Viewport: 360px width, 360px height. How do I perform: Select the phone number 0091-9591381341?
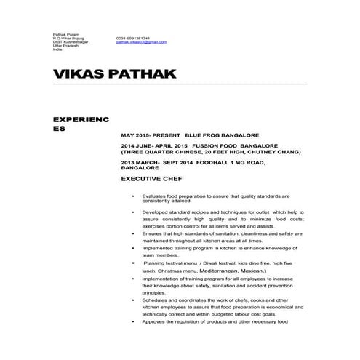(x=132, y=38)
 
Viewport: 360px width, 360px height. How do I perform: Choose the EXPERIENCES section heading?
(x=80, y=122)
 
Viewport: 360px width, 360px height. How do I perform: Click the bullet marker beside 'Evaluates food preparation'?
(x=132, y=196)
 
